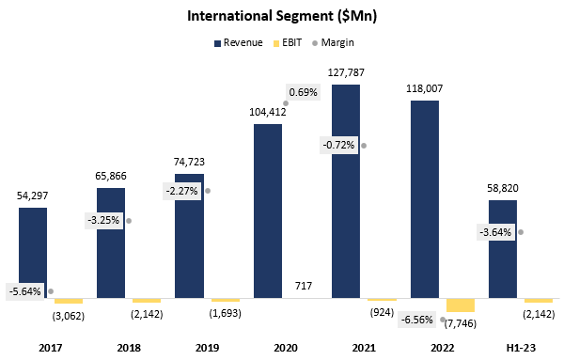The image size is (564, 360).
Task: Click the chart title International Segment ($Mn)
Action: [x=281, y=16]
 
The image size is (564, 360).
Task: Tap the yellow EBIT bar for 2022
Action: [x=461, y=305]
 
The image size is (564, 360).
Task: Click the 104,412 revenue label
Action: [x=268, y=111]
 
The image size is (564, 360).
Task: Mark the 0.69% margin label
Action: [x=303, y=92]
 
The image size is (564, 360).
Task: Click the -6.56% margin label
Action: [x=417, y=319]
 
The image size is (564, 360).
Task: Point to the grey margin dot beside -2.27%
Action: [x=207, y=190]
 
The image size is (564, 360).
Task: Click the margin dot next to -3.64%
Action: [x=520, y=231]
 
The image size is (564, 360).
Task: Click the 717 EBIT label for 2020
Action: [x=268, y=286]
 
